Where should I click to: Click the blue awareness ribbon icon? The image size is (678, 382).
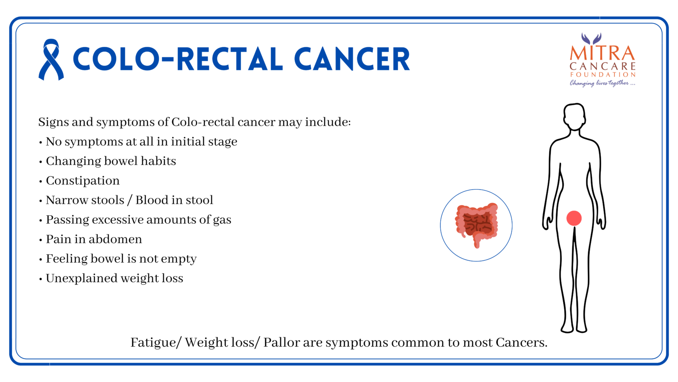[x=51, y=59]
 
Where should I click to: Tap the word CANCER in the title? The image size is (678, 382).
[x=352, y=59]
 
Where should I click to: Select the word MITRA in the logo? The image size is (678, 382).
[x=603, y=53]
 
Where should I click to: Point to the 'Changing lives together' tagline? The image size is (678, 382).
[x=603, y=83]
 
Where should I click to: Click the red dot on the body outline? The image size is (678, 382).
[x=574, y=218]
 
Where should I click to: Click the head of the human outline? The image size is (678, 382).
[x=574, y=116]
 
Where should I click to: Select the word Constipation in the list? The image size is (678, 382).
[x=83, y=181]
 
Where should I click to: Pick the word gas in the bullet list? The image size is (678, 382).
[x=222, y=221]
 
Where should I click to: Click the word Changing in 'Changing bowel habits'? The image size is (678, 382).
[x=73, y=161]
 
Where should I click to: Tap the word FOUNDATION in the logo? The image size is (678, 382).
[x=603, y=75]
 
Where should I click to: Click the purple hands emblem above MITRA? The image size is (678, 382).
[x=591, y=39]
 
